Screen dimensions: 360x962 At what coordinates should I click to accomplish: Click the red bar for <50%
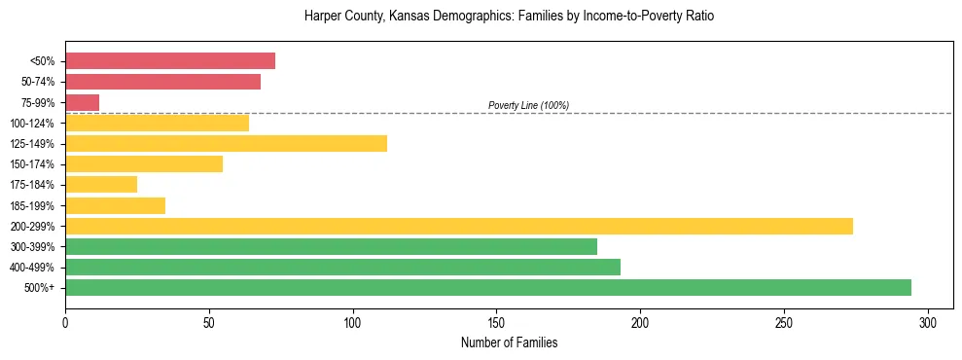click(170, 61)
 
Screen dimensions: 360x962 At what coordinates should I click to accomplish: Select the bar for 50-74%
click(162, 82)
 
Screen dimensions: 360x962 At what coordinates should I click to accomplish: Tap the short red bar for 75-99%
click(82, 102)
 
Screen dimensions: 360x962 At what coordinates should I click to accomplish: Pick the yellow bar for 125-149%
click(226, 144)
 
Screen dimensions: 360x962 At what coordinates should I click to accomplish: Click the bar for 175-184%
click(101, 185)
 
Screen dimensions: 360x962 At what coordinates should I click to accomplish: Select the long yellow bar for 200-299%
click(458, 226)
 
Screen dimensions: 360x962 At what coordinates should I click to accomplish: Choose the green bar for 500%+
click(487, 288)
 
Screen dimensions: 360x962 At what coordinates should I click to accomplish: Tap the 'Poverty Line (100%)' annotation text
click(528, 105)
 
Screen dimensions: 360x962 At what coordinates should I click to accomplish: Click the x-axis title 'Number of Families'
click(509, 342)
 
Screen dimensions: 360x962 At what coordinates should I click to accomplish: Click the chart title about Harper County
click(509, 17)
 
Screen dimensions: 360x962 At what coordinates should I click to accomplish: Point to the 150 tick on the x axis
click(496, 322)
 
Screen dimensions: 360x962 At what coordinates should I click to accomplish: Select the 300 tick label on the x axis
click(928, 322)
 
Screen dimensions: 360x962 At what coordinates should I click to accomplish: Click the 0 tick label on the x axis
click(65, 322)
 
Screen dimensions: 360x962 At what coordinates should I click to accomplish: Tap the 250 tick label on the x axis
click(784, 322)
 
